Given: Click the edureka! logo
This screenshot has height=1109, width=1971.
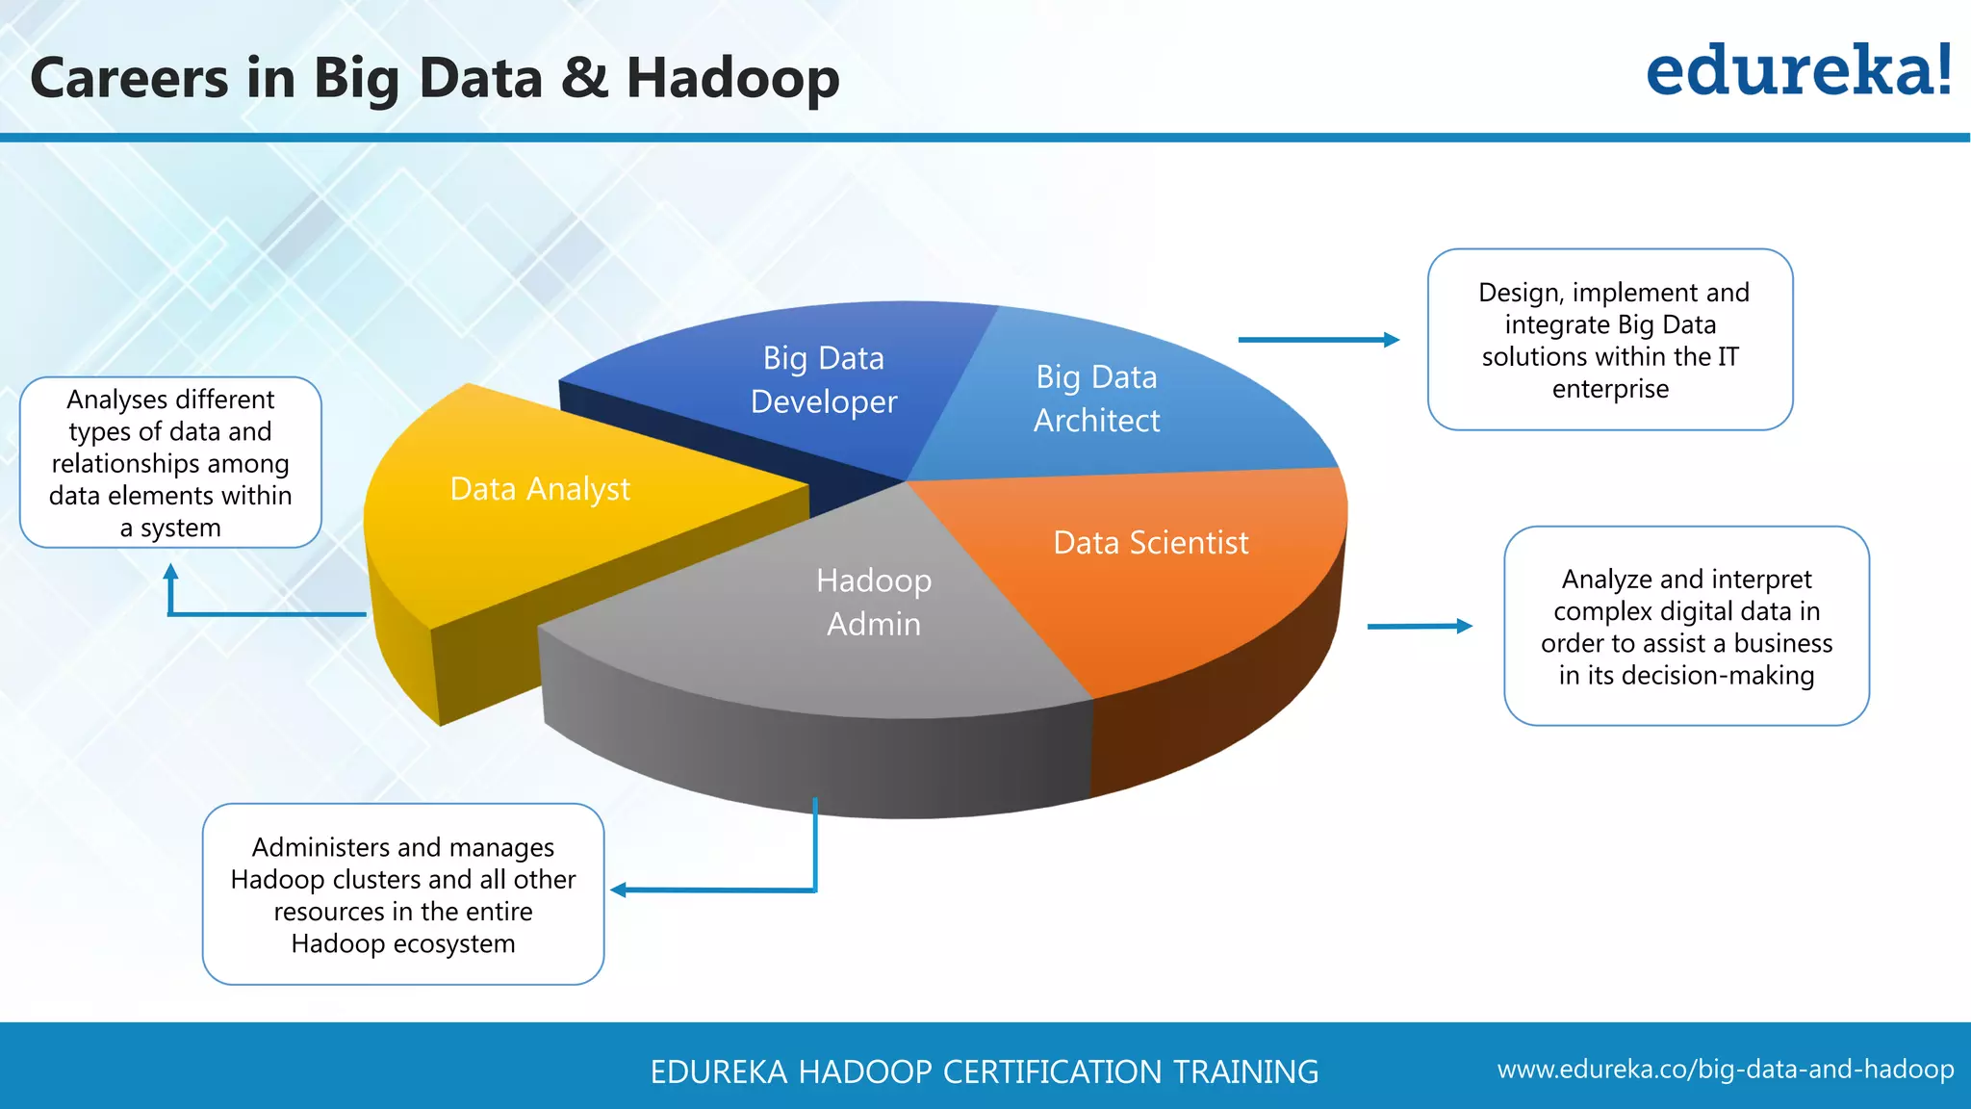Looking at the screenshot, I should [1798, 71].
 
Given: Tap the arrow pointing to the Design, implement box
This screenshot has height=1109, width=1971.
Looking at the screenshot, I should [1318, 340].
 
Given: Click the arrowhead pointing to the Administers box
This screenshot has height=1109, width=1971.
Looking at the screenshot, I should [619, 890].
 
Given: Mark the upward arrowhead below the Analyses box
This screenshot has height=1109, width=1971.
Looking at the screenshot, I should [171, 572].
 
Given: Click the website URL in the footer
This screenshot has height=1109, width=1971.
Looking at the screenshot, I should [1725, 1070].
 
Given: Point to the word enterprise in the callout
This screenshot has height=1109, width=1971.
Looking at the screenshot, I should [1610, 389].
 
